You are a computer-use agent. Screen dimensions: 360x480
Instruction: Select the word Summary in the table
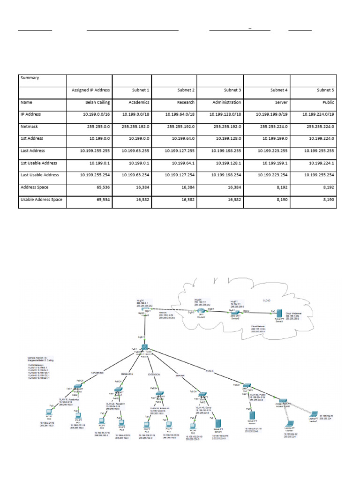30,78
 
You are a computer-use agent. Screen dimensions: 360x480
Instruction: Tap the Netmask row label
31,127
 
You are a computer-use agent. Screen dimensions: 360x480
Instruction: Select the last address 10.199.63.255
135,151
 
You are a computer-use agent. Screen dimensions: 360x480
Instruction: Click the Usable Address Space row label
41,200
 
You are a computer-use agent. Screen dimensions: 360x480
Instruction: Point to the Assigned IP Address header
90,90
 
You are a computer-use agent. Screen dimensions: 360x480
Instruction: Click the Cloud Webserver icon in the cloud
280,313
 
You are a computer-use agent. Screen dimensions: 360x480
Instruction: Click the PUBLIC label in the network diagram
210,371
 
